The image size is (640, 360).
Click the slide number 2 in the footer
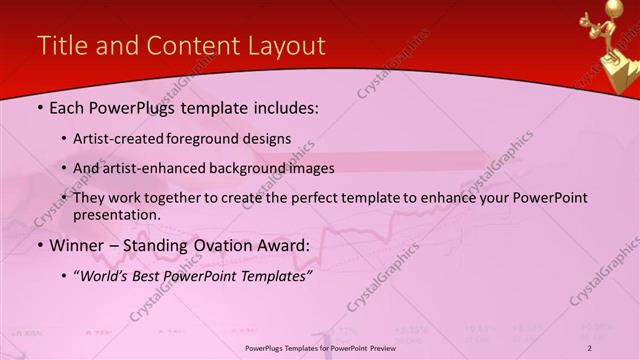point(590,347)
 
